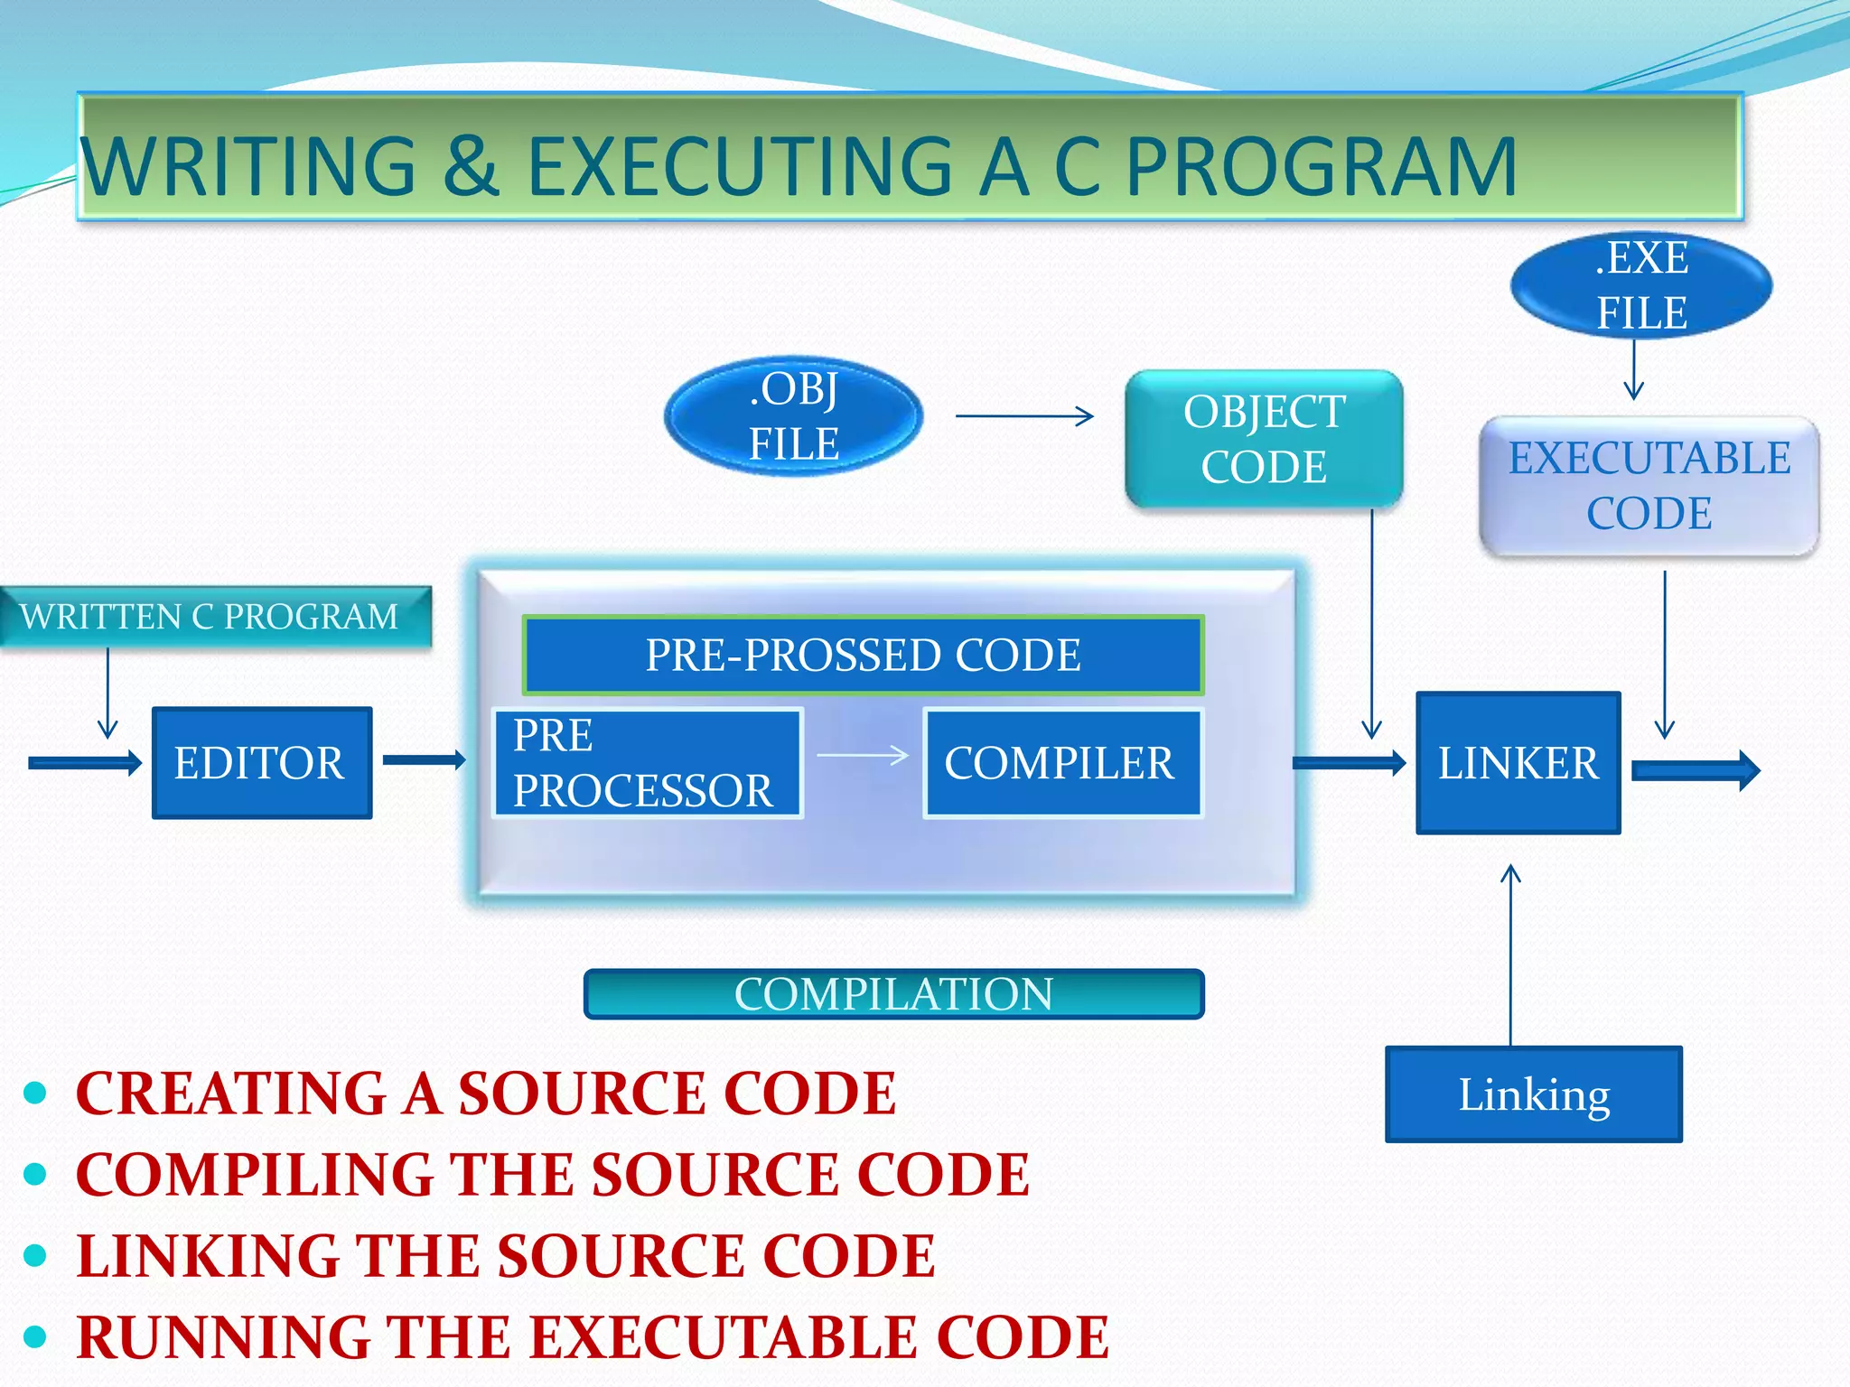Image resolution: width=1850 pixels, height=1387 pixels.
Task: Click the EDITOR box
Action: click(x=262, y=763)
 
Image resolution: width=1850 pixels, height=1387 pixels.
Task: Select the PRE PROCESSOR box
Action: click(x=647, y=763)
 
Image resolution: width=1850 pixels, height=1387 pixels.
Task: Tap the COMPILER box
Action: click(x=1062, y=763)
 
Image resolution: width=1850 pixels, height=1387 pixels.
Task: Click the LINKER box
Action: click(x=1518, y=763)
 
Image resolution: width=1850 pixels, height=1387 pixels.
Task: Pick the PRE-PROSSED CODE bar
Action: click(x=863, y=655)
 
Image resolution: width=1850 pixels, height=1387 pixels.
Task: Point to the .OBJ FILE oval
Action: click(x=793, y=416)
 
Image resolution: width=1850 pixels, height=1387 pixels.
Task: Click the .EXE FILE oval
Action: click(x=1640, y=285)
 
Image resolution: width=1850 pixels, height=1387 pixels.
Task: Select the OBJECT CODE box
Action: click(x=1263, y=439)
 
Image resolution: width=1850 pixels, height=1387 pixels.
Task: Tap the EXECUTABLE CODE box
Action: click(x=1649, y=486)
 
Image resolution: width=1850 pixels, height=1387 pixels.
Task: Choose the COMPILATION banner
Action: click(x=893, y=994)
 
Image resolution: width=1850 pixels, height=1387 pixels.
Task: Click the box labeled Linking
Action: click(x=1533, y=1094)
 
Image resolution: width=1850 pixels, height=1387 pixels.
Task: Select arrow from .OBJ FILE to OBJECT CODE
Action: click(x=1024, y=416)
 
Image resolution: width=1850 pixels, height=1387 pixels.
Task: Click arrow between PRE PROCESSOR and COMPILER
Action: click(x=863, y=756)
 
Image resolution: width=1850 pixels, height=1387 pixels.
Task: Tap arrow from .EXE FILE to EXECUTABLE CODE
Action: click(x=1633, y=370)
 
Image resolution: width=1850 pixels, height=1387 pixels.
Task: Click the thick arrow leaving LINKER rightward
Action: click(x=1695, y=771)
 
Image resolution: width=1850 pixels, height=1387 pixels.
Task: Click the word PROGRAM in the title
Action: click(x=1321, y=167)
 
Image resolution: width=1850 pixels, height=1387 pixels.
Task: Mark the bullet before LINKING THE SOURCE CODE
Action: click(x=35, y=1255)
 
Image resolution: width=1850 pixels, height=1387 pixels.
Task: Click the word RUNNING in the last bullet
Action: click(x=223, y=1336)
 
